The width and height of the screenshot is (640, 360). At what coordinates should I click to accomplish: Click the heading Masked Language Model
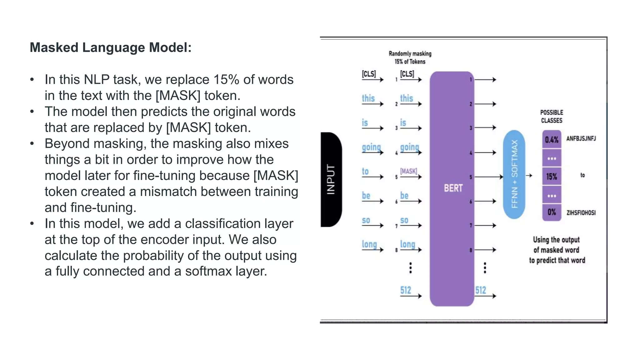pyautogui.click(x=111, y=47)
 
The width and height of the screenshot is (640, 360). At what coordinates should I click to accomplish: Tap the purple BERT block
pyautogui.click(x=452, y=189)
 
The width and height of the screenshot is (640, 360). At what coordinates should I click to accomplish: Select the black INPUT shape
pyautogui.click(x=331, y=179)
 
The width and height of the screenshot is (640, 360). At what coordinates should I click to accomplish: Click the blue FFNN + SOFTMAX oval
pyautogui.click(x=514, y=174)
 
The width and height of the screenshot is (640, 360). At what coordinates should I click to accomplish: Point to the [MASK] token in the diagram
pyautogui.click(x=409, y=171)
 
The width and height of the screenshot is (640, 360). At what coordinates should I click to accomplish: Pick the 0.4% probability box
pyautogui.click(x=552, y=140)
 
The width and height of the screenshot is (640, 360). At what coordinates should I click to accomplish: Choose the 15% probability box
pyautogui.click(x=552, y=177)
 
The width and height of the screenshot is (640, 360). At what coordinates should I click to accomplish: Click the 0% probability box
pyautogui.click(x=552, y=212)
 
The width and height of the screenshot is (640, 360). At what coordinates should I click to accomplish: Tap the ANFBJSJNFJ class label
pyautogui.click(x=581, y=138)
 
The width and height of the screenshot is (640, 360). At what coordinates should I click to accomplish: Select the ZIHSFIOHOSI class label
pyautogui.click(x=581, y=213)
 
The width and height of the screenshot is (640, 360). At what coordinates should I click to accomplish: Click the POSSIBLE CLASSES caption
pyautogui.click(x=552, y=117)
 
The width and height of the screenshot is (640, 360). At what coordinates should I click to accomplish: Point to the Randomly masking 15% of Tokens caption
pyautogui.click(x=410, y=57)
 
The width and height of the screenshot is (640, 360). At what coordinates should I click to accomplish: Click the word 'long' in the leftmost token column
pyautogui.click(x=369, y=244)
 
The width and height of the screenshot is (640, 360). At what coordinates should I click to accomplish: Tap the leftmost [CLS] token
pyautogui.click(x=369, y=74)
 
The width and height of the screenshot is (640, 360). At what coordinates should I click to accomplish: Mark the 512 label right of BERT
pyautogui.click(x=481, y=290)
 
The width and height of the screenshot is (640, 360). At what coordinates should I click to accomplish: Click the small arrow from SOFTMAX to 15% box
pyautogui.click(x=529, y=176)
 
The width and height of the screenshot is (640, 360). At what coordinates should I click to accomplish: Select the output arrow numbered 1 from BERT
pyautogui.click(x=485, y=80)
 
